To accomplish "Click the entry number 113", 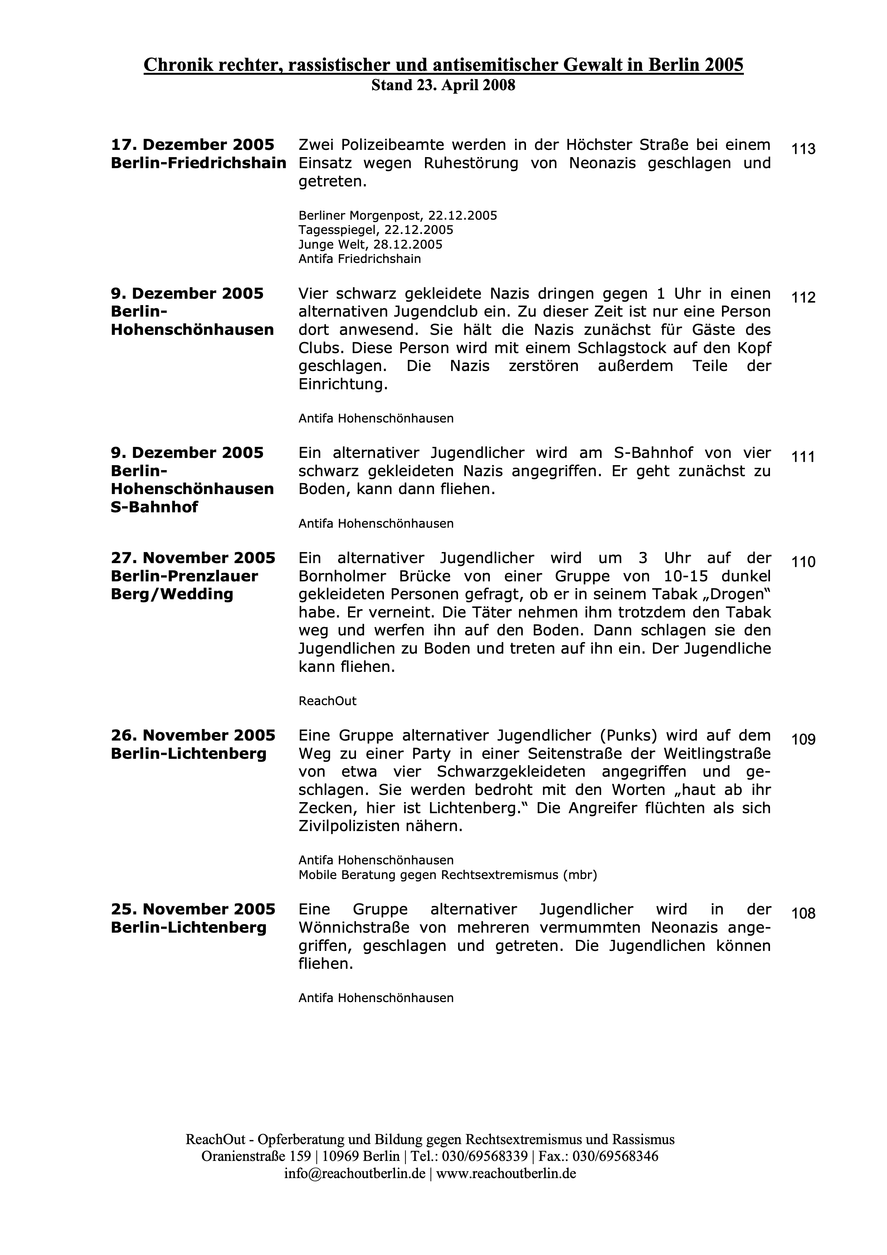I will pyautogui.click(x=803, y=149).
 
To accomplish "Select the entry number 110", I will pyautogui.click(x=803, y=562).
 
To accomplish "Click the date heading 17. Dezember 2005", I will pyautogui.click(x=192, y=145).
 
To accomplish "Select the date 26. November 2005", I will pyautogui.click(x=193, y=735).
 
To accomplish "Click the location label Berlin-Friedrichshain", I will pyautogui.click(x=198, y=163).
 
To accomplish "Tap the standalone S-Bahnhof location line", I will pyautogui.click(x=154, y=507).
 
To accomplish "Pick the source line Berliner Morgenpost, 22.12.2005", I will pyautogui.click(x=397, y=215).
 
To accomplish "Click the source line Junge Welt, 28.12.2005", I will pyautogui.click(x=370, y=244).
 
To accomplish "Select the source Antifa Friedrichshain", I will pyautogui.click(x=360, y=259).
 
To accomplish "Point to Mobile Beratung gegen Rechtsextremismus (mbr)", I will pyautogui.click(x=447, y=875).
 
